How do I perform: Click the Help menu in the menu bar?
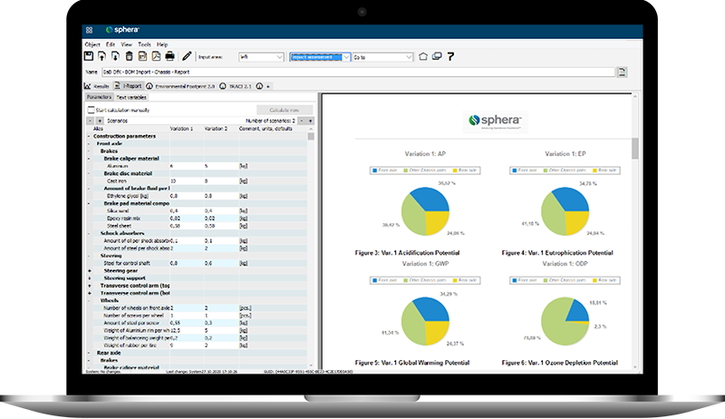(162, 44)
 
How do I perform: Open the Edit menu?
(111, 44)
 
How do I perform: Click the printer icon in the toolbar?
(169, 56)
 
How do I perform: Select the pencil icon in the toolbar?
(187, 56)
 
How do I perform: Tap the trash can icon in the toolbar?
(130, 56)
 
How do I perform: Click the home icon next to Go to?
(421, 56)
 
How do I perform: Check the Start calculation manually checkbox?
(90, 109)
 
